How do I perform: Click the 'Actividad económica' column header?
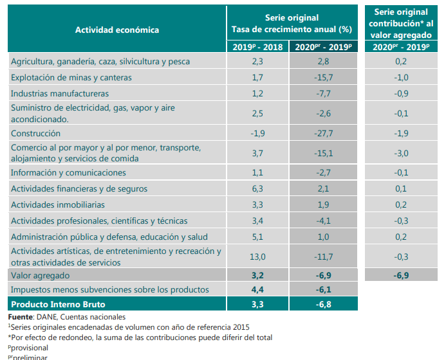point(116,30)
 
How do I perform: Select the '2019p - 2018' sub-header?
point(257,47)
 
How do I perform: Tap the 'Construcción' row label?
point(36,134)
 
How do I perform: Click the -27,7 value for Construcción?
point(323,134)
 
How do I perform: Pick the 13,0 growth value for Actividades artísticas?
point(257,257)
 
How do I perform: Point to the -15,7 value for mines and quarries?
point(323,78)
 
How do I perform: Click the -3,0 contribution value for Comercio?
point(401,153)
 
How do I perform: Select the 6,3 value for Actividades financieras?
point(257,189)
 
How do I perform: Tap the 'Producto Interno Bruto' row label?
point(58,303)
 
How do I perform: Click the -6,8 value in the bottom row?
point(323,303)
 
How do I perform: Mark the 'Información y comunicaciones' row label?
point(68,173)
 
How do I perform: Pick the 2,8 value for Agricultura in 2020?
point(323,62)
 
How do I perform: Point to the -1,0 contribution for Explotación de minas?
point(401,78)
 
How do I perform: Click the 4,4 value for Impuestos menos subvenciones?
point(257,289)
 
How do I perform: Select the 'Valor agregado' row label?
point(41,275)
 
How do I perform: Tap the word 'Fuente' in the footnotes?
point(22,317)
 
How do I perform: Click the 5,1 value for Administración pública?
point(257,237)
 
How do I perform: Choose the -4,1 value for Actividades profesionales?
point(323,221)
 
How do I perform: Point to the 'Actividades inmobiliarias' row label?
point(59,205)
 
